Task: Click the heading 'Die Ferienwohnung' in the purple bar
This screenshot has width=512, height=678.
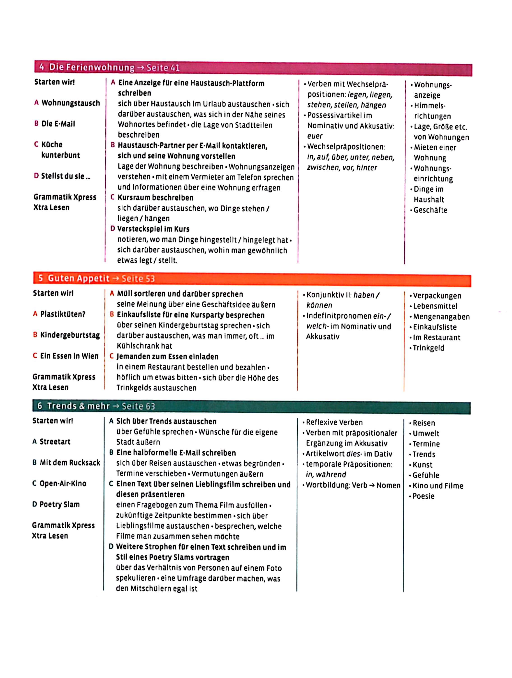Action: coord(92,67)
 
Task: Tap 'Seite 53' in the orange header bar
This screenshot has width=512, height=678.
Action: coord(138,279)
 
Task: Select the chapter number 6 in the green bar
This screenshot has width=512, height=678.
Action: coord(40,406)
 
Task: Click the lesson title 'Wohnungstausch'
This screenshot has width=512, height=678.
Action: coord(71,103)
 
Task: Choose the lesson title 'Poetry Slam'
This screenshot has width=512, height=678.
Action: coord(60,504)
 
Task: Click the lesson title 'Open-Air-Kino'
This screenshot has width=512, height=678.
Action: coord(63,483)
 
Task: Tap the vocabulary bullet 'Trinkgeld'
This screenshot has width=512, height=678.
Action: coord(429,348)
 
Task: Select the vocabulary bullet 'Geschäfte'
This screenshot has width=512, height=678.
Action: coord(430,210)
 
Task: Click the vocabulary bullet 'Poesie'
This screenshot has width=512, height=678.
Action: coord(424,496)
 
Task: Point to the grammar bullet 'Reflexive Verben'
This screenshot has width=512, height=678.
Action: coord(334,422)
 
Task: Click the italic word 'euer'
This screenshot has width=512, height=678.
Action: coord(315,136)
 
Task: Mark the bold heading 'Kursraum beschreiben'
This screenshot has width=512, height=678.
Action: coord(155,198)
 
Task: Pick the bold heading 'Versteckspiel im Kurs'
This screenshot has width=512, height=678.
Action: coord(153,229)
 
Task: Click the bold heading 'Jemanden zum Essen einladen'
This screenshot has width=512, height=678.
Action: coord(167,356)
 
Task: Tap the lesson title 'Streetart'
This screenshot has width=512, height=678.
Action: coord(55,442)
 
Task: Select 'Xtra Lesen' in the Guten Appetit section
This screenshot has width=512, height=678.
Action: coord(51,387)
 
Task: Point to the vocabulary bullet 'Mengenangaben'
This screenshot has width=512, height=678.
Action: coord(441,317)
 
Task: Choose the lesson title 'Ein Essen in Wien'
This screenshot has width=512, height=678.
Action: coord(70,356)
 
